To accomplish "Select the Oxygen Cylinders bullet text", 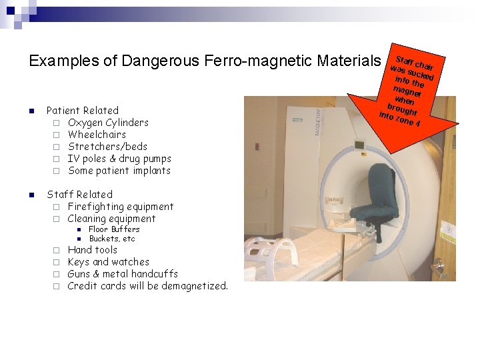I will click(x=108, y=123).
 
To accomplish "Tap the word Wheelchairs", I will click(x=97, y=135).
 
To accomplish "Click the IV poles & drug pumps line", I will click(x=119, y=159).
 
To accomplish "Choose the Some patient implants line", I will click(x=119, y=171).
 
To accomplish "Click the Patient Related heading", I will click(x=83, y=111).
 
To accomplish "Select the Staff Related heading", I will click(x=79, y=195).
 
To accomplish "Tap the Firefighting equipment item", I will click(x=120, y=207).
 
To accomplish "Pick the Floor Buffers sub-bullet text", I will click(x=114, y=229).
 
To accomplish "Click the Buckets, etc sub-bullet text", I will click(x=112, y=239).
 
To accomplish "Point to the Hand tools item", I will click(x=93, y=250).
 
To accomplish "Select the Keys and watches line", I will click(x=108, y=262).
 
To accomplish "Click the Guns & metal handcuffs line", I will click(x=123, y=274).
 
